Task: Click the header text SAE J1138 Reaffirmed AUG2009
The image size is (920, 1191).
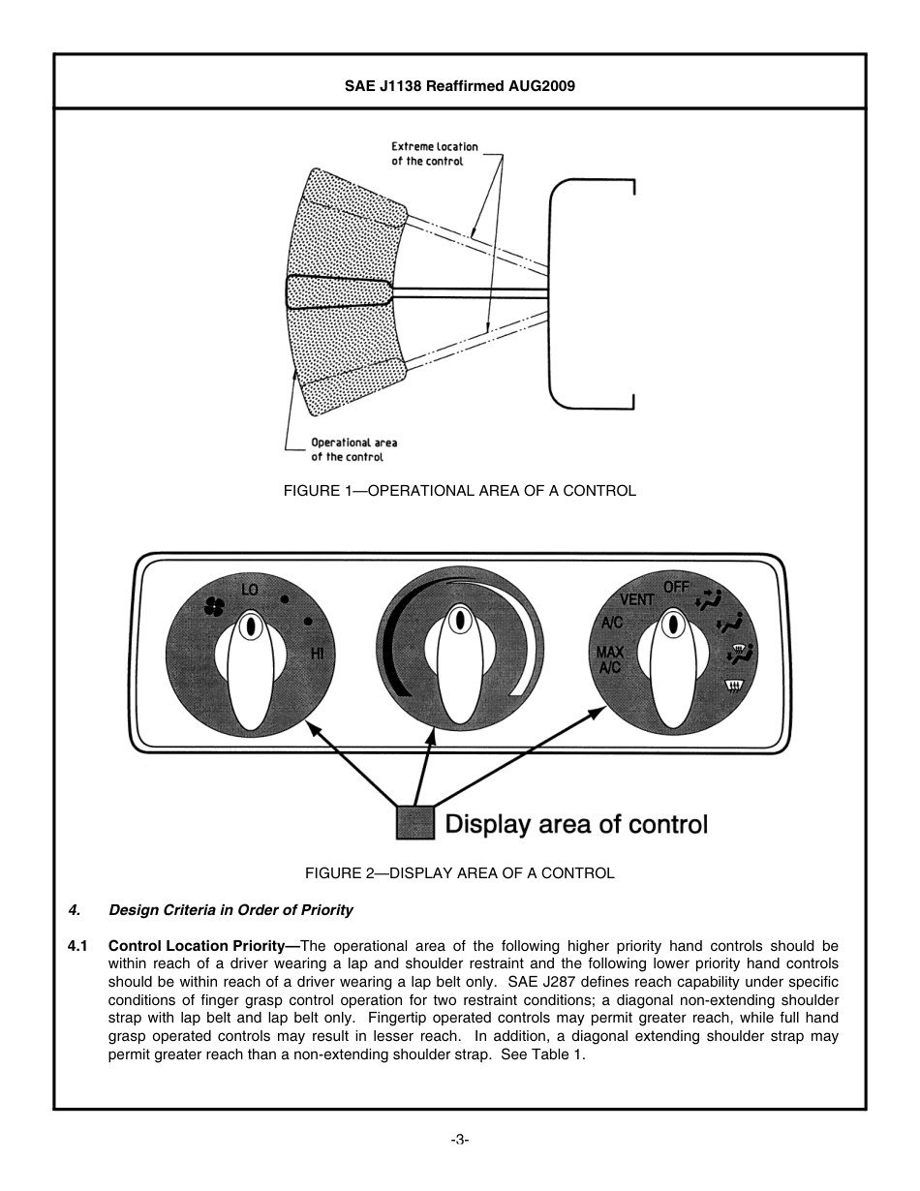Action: (460, 86)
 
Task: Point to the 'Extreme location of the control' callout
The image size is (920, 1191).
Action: (434, 154)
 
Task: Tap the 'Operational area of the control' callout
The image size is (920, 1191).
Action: (353, 449)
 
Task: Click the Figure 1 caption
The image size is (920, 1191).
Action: (459, 491)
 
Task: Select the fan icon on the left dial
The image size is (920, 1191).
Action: (214, 606)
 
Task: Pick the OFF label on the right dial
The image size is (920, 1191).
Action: (676, 587)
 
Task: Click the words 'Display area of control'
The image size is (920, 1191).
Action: (575, 825)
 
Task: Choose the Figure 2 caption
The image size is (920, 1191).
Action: (459, 873)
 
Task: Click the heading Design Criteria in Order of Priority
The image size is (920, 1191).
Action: (230, 910)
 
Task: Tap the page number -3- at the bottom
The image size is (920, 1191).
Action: (459, 1140)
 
